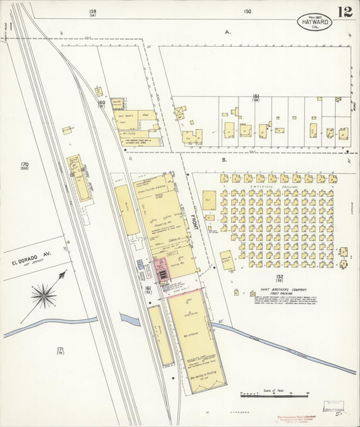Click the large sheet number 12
345,11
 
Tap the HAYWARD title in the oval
313,22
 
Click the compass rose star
45,295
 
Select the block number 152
280,276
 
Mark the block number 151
257,97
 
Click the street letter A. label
228,32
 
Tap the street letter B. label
224,160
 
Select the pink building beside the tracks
162,270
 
